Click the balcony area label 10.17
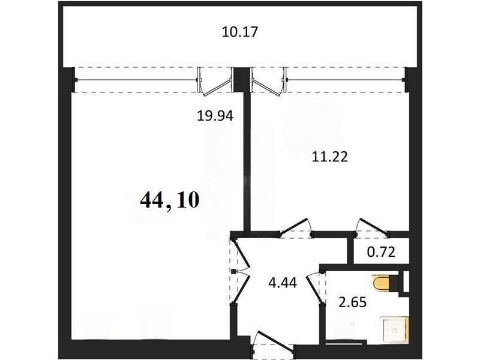240,32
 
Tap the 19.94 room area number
215,116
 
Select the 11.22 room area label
329,157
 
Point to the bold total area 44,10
170,200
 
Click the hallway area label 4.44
282,283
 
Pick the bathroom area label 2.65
352,302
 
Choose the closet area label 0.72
381,252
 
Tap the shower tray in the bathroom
394,329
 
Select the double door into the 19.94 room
241,271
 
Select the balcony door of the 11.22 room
269,82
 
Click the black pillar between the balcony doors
242,79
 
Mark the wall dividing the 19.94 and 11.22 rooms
247,161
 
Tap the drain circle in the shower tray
395,331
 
